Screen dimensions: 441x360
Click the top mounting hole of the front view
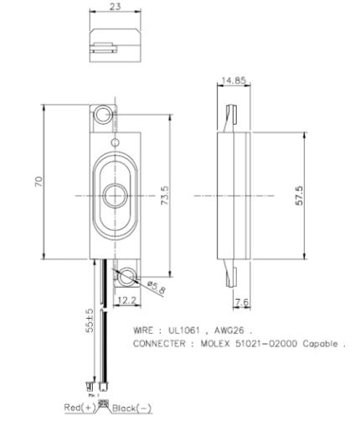104,115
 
